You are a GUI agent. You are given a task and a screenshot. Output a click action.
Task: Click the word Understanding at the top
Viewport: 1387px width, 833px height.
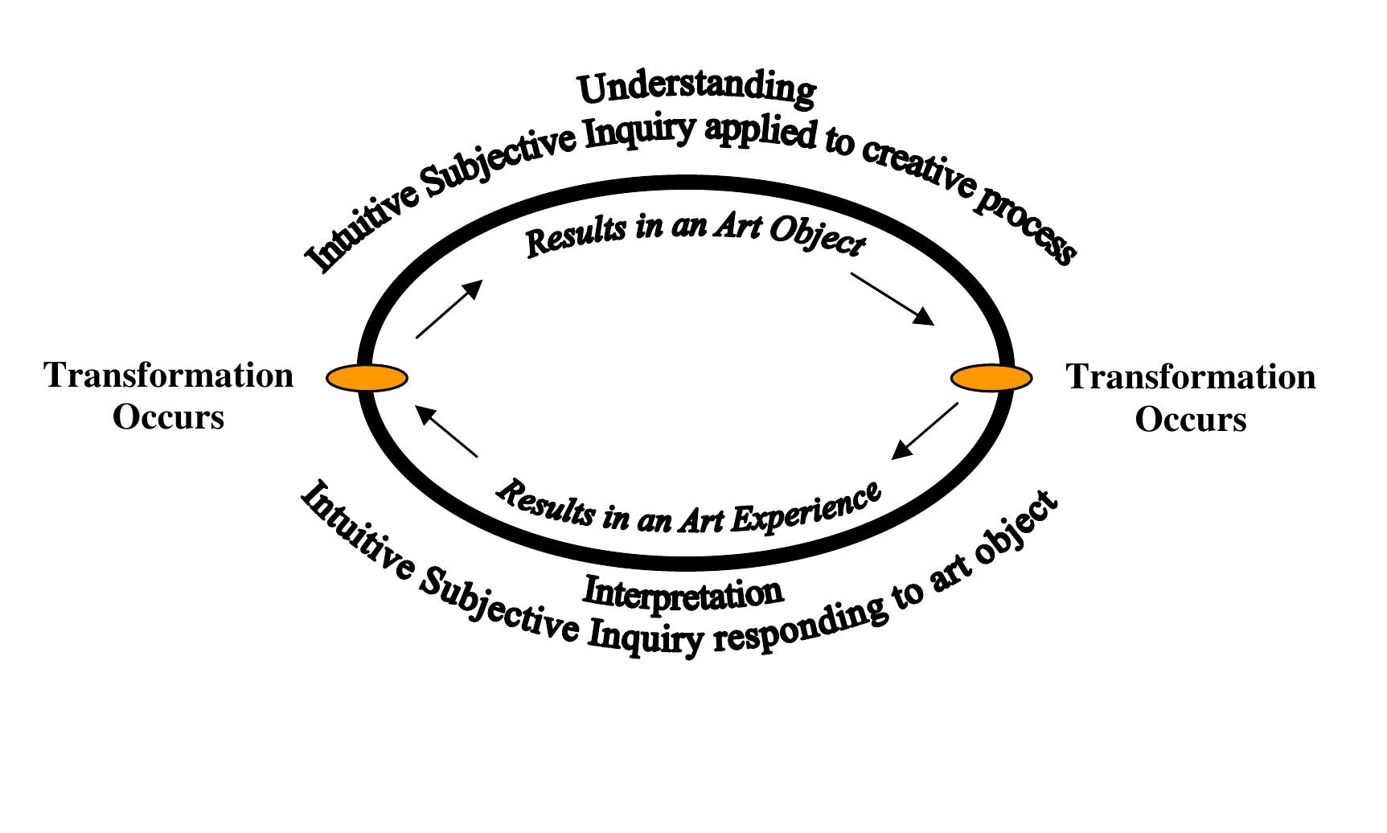[x=696, y=88]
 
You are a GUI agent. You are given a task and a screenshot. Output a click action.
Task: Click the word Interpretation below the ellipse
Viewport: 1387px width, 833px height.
[x=683, y=593]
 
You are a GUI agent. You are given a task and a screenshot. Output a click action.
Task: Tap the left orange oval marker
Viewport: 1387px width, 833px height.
[x=367, y=377]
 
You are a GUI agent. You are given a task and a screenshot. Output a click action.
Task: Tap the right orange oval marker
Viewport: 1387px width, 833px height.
[x=991, y=377]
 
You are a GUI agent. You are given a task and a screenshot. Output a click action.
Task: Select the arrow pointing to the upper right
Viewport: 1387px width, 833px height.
[x=449, y=309]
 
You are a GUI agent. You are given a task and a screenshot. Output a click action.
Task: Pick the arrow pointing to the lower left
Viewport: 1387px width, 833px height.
[x=925, y=431]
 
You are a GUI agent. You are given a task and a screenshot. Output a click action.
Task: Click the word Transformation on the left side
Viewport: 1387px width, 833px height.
[x=169, y=375]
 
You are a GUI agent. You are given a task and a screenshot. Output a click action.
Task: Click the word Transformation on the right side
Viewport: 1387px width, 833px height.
[x=1191, y=377]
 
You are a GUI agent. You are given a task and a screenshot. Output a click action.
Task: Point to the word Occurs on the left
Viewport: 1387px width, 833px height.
[x=168, y=417]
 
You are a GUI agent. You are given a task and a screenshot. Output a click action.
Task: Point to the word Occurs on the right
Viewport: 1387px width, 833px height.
[x=1191, y=420]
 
